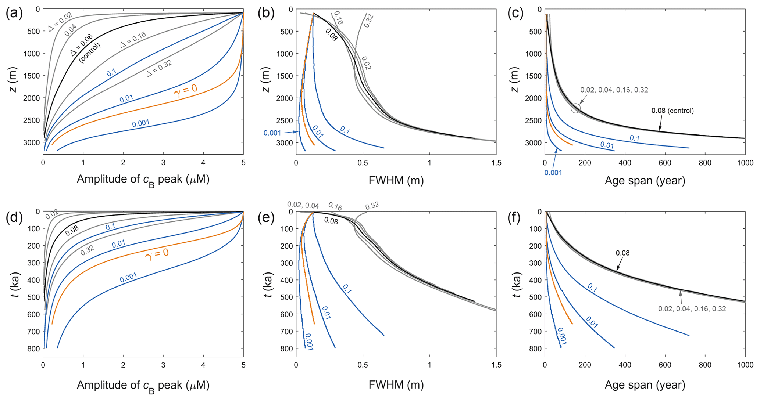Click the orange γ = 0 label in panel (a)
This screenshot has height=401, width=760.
coord(185,90)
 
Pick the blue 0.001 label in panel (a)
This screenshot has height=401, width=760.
coord(141,123)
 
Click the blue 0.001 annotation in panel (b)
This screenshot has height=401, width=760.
coord(272,133)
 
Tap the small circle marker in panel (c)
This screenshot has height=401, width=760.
coord(576,108)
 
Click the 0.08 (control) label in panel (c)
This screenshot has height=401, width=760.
coord(672,111)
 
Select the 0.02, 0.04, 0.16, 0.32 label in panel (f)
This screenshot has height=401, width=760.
coord(692,309)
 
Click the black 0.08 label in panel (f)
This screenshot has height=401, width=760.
coord(623,253)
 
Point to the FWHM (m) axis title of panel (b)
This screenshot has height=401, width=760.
coord(396,180)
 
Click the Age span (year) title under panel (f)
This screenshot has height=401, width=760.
coord(645,385)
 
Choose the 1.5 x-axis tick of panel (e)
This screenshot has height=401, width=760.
coord(496,365)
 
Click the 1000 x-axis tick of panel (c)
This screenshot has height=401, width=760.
coord(745,163)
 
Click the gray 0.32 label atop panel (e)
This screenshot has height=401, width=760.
coord(372,206)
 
